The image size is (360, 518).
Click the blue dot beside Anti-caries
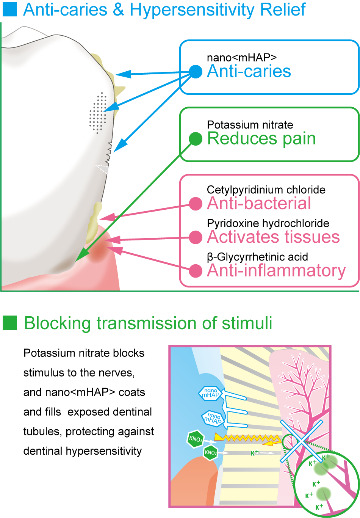(196, 72)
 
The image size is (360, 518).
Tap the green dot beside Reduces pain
(196, 139)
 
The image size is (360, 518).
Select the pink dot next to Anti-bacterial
(196, 204)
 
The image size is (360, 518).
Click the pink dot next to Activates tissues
(196, 237)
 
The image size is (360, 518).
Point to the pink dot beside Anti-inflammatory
(196, 271)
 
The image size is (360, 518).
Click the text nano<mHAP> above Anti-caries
(241, 58)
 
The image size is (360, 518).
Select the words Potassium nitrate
(250, 125)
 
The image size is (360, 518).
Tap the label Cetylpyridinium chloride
(266, 190)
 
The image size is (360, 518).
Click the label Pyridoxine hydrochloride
(268, 223)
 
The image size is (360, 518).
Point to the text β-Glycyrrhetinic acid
(257, 257)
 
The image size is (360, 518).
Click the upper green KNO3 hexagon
(196, 439)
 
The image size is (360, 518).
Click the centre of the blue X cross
(302, 441)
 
